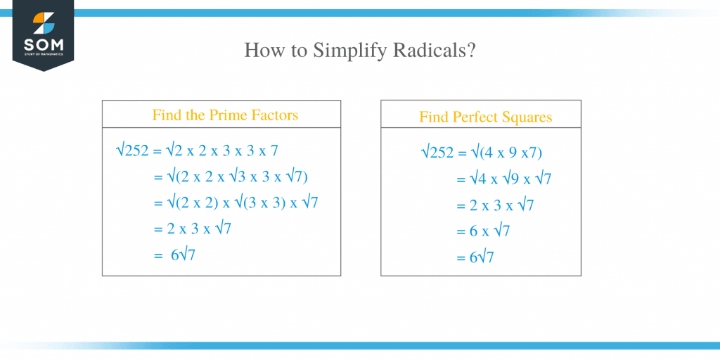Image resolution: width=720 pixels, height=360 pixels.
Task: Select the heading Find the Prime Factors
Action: tap(225, 115)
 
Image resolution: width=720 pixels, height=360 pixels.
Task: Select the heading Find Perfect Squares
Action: tap(486, 117)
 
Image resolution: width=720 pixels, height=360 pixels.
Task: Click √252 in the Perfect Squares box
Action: tap(437, 153)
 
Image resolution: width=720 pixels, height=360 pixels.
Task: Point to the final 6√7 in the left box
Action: tap(183, 255)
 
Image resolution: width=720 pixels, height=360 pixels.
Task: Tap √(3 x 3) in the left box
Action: tap(260, 202)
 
